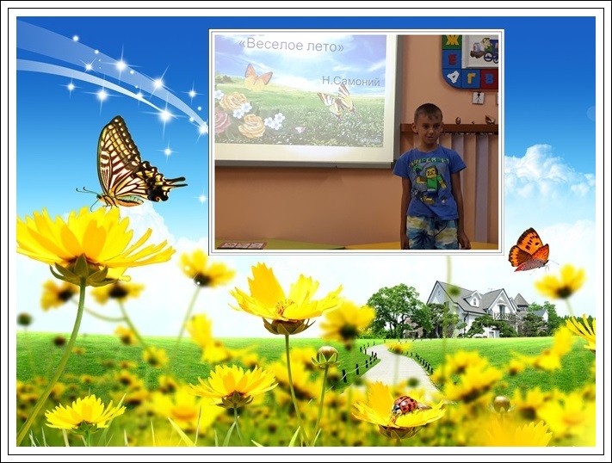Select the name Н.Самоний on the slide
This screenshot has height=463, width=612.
[x=351, y=81]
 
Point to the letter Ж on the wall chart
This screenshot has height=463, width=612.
[x=453, y=41]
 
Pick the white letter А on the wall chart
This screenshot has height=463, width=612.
[x=454, y=77]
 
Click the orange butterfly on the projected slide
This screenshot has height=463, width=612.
[x=257, y=77]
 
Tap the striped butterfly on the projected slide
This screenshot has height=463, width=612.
[x=337, y=101]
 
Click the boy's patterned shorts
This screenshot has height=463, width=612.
[x=431, y=232]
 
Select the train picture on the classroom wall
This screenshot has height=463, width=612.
[x=483, y=51]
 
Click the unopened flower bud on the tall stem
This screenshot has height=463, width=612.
[x=327, y=355]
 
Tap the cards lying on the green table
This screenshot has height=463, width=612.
[x=242, y=245]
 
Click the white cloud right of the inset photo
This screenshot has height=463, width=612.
[x=548, y=172]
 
